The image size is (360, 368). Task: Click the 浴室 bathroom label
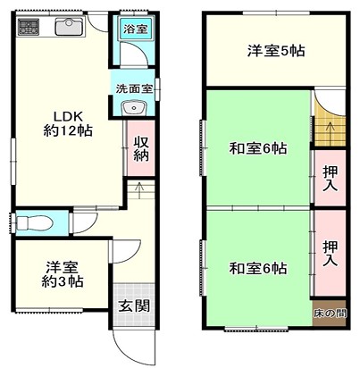point(136,29)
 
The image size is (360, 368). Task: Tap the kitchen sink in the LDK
point(70,27)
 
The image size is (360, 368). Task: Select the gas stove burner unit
point(29,26)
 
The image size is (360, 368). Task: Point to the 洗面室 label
point(134,88)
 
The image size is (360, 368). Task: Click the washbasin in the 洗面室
point(134,107)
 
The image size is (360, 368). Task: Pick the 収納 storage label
point(141,149)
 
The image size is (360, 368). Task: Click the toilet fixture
point(35,222)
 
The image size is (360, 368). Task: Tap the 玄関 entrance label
point(134,305)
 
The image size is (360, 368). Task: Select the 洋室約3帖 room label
point(63,274)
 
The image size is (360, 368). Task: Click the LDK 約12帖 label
point(68,123)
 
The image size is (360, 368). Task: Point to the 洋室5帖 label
point(276,51)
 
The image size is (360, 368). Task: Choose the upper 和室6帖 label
point(258,148)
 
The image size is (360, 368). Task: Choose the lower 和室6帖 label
point(258,269)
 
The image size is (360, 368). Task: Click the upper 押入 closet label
point(331,179)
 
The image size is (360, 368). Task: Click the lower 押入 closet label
point(331,254)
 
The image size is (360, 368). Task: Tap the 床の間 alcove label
point(330,314)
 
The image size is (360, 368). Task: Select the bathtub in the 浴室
point(136,29)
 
